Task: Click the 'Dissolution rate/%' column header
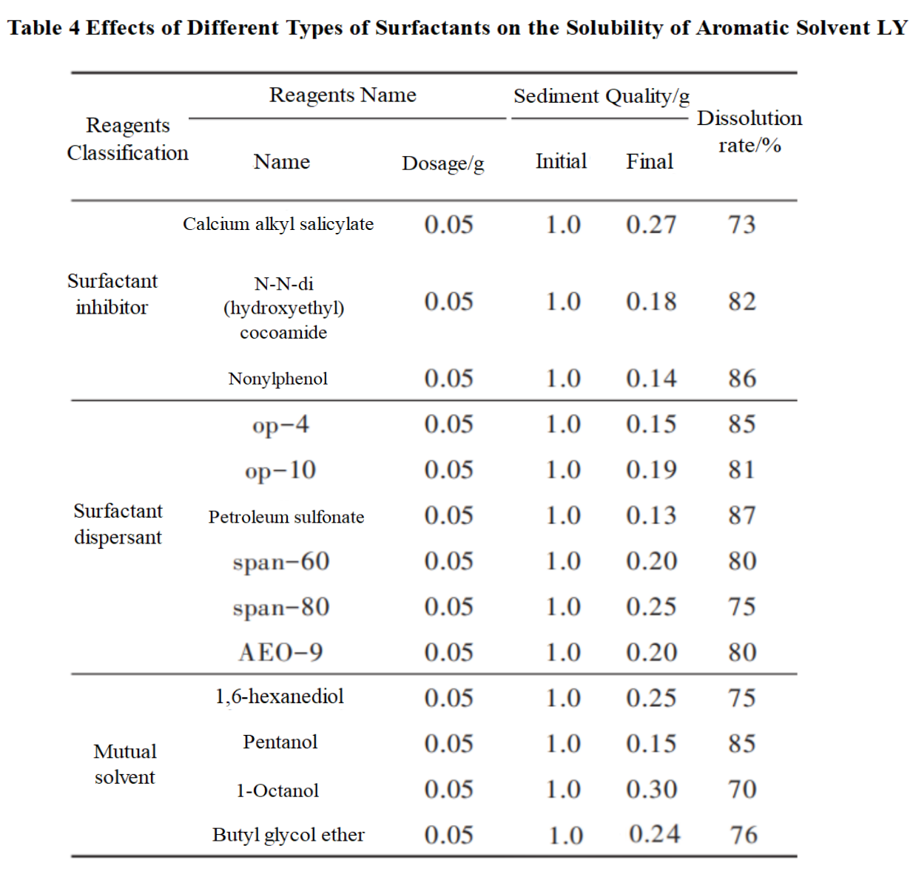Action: coord(749,132)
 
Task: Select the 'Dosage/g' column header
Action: coord(442,163)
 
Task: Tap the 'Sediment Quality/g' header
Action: coord(601,96)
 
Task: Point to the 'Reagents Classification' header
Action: coord(127,139)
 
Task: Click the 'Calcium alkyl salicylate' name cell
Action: coord(278,224)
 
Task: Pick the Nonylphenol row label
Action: coord(278,379)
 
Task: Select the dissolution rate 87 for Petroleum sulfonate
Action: coord(741,515)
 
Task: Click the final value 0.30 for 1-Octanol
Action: coord(651,789)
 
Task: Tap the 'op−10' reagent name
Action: coord(280,470)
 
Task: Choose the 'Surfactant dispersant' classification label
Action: coord(118,524)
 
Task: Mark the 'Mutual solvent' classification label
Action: coord(125,764)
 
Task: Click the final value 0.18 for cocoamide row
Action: coord(651,302)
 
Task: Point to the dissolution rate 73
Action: coord(741,224)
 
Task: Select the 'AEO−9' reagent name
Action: coord(280,652)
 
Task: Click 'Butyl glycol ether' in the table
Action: coord(289,835)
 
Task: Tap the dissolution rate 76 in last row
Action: coord(744,835)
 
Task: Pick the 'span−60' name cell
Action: coord(281,562)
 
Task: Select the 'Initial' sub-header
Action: coord(561,161)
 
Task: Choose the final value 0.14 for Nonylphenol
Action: coord(651,379)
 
